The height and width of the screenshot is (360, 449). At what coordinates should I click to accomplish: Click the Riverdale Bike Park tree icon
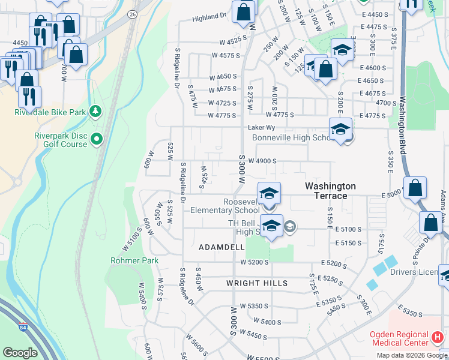point(95,112)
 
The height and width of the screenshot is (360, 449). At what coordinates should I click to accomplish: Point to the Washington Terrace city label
point(330,191)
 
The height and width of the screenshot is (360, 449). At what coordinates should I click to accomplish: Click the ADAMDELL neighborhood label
point(221,247)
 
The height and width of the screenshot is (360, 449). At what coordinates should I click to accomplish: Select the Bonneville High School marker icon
point(340,130)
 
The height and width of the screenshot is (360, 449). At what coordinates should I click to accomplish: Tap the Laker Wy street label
point(262,127)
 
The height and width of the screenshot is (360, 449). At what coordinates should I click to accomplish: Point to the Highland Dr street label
point(209,18)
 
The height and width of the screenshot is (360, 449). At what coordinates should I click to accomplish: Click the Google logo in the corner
point(20,353)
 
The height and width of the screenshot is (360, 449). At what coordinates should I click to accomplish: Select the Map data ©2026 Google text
point(412,355)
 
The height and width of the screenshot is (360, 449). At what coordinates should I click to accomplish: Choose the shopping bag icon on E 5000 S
point(415,188)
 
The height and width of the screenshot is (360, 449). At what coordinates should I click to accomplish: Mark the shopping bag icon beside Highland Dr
point(243,12)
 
